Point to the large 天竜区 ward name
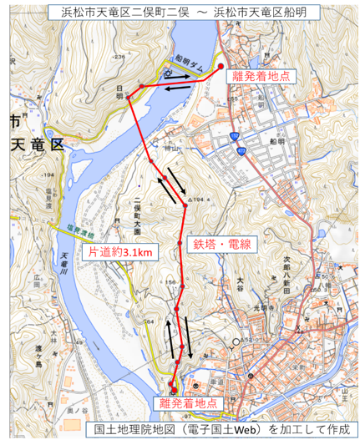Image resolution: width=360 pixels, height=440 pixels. [x=35, y=143]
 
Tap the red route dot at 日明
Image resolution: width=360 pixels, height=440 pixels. [x=142, y=86]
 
